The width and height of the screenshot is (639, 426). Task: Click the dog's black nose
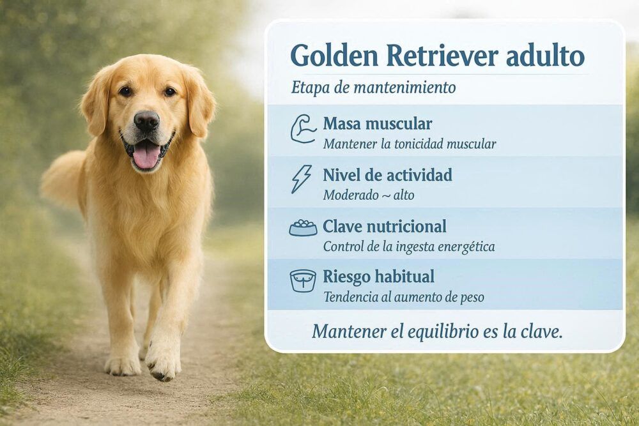tap(146, 121)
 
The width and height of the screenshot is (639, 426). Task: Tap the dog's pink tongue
tap(146, 155)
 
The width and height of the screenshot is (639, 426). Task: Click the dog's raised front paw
tap(162, 361)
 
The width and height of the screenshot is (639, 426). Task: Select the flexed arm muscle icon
tap(303, 129)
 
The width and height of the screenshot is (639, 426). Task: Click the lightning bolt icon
tap(301, 179)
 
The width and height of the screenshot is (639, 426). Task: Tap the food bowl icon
tap(303, 228)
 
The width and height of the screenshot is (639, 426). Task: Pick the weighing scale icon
tap(303, 280)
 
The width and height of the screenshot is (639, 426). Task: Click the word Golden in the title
tap(334, 56)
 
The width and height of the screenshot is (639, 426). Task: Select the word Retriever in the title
tap(442, 56)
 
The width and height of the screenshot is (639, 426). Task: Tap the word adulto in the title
tap(545, 56)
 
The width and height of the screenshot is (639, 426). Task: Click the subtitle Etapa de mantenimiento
tap(373, 87)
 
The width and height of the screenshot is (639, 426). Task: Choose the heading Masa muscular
tap(378, 123)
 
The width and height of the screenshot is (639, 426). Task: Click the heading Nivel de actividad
tap(388, 175)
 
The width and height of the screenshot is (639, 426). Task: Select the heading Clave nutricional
tap(384, 226)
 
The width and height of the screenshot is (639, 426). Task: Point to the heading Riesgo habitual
tap(378, 277)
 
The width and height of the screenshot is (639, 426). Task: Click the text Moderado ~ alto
tap(369, 195)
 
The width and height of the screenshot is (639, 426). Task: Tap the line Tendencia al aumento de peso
tap(404, 297)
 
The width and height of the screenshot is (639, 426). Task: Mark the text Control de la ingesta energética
tap(409, 247)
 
